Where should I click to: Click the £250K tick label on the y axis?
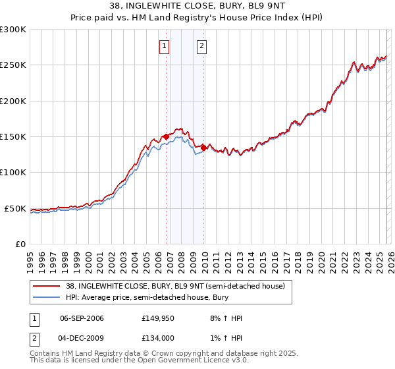coord(13,65)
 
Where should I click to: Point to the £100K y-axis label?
coord(13,173)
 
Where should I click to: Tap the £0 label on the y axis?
coord(20,244)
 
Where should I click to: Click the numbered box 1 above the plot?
coord(164,46)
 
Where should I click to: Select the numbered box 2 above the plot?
coord(201,46)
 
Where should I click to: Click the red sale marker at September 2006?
coord(166,136)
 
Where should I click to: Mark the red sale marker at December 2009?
coord(204,148)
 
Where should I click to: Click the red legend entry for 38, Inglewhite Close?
coord(175,287)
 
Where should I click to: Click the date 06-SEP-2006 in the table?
coord(82,318)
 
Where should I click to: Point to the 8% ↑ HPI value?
coord(226,318)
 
